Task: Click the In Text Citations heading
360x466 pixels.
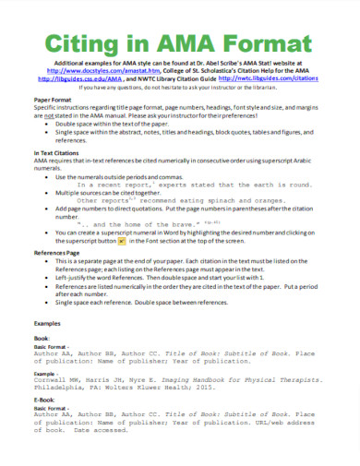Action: pyautogui.click(x=58, y=162)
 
